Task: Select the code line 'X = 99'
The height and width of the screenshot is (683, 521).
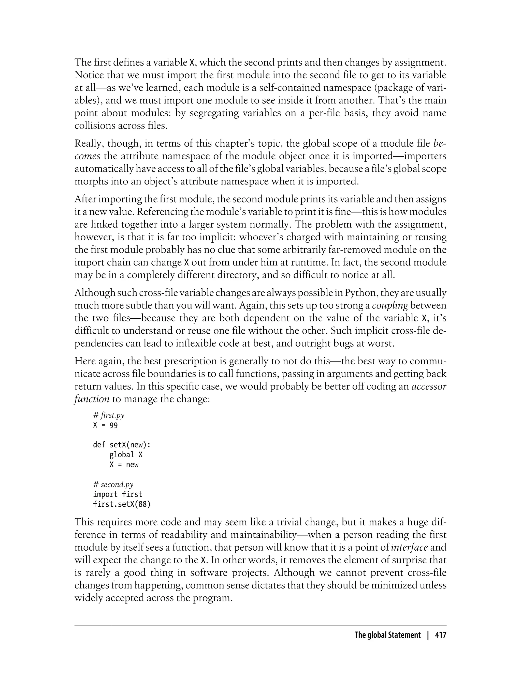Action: tap(105, 425)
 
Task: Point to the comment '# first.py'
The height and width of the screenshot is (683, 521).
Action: tap(109, 415)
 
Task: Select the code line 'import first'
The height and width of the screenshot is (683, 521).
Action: tap(118, 494)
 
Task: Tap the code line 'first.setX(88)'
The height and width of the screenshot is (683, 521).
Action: tap(122, 504)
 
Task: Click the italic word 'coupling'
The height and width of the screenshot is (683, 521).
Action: tap(389, 305)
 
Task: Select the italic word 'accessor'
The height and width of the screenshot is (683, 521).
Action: tap(429, 386)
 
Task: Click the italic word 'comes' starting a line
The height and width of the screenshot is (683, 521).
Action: tap(87, 156)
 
